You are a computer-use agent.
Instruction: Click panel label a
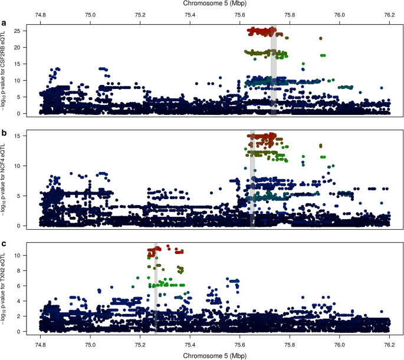[x=5, y=24]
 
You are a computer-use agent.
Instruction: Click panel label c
[x=5, y=243]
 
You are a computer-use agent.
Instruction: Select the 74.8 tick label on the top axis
[x=40, y=14]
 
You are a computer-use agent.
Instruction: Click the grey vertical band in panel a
[x=274, y=71]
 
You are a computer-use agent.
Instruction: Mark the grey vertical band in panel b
[x=252, y=177]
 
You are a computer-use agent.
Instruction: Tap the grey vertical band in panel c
[x=155, y=289]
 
